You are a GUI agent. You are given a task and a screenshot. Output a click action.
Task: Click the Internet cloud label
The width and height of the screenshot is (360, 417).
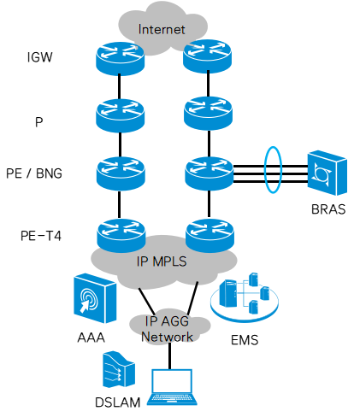pyautogui.click(x=162, y=30)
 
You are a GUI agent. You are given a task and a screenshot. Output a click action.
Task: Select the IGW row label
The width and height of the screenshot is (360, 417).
pyautogui.click(x=39, y=58)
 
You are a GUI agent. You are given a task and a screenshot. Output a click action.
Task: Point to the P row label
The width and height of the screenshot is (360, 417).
pyautogui.click(x=38, y=122)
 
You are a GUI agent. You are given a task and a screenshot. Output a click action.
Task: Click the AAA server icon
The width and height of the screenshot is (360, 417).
pyautogui.click(x=90, y=299)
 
